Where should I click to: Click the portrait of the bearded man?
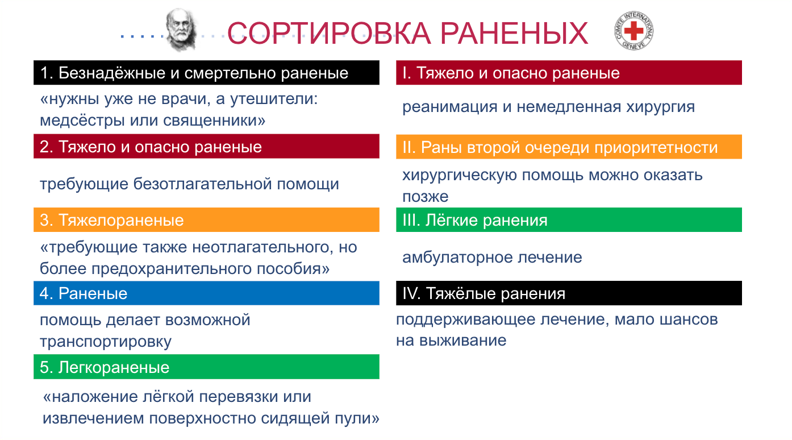pos(181,30)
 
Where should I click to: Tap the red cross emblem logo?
pos(633,31)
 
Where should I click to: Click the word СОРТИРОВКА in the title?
pos(329,33)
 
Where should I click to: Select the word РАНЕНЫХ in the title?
pos(514,33)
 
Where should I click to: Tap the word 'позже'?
pos(426,197)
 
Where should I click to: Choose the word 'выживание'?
pos(463,341)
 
